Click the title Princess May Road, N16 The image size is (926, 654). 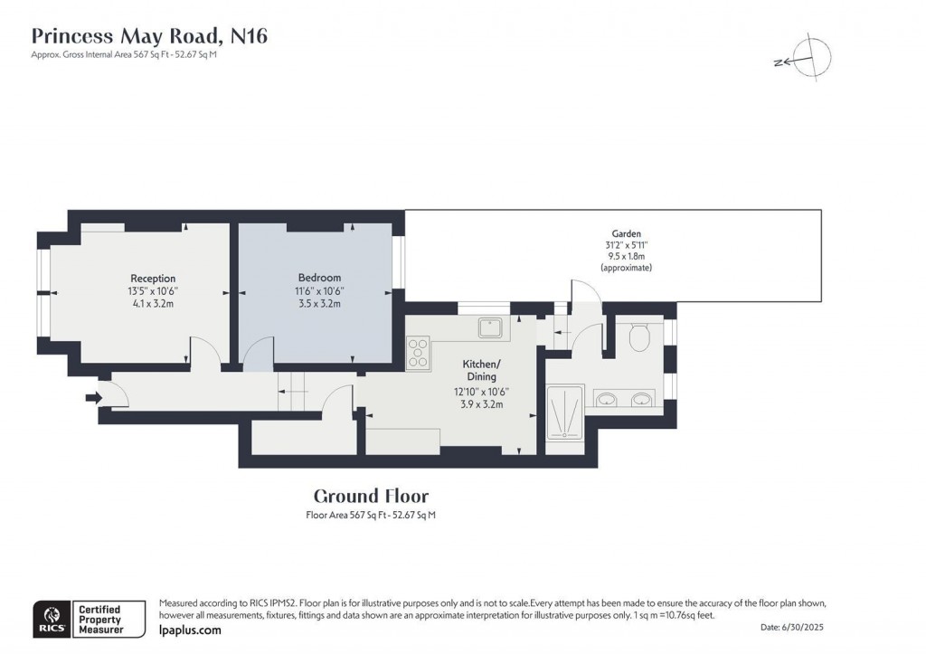click(x=150, y=36)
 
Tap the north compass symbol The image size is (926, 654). click(x=811, y=57)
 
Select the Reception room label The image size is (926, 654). click(x=153, y=278)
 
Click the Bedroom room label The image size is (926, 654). click(x=319, y=277)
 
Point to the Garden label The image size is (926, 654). click(x=626, y=234)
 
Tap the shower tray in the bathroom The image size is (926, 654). click(x=566, y=411)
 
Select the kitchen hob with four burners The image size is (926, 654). click(x=420, y=353)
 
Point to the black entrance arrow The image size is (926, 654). click(x=92, y=397)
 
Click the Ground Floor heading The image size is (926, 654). click(x=371, y=496)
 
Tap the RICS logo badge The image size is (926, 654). click(x=49, y=618)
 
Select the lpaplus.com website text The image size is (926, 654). click(x=189, y=630)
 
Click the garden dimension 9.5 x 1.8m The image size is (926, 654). click(x=626, y=257)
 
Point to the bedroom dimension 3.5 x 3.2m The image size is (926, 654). click(x=319, y=304)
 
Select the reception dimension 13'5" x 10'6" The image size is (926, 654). click(x=153, y=290)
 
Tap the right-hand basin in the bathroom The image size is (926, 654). click(x=643, y=399)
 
